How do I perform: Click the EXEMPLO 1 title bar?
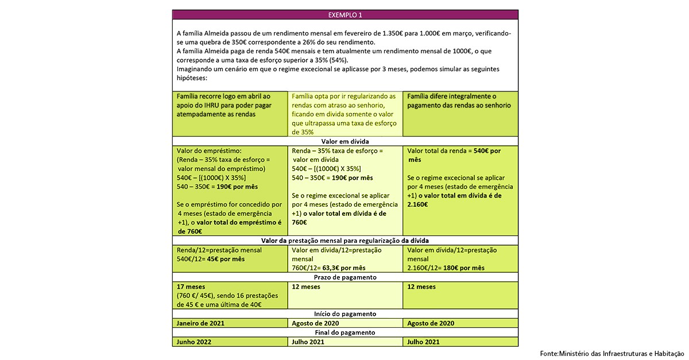(345, 14)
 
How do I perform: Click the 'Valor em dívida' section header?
(345, 141)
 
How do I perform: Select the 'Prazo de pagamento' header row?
(345, 277)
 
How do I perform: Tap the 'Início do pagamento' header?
(345, 314)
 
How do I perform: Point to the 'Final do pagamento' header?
(345, 332)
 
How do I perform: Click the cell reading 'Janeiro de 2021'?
(200, 323)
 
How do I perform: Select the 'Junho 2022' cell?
(194, 342)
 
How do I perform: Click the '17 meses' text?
(191, 287)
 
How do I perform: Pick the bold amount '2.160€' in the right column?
(417, 204)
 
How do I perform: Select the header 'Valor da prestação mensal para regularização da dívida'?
(345, 241)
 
